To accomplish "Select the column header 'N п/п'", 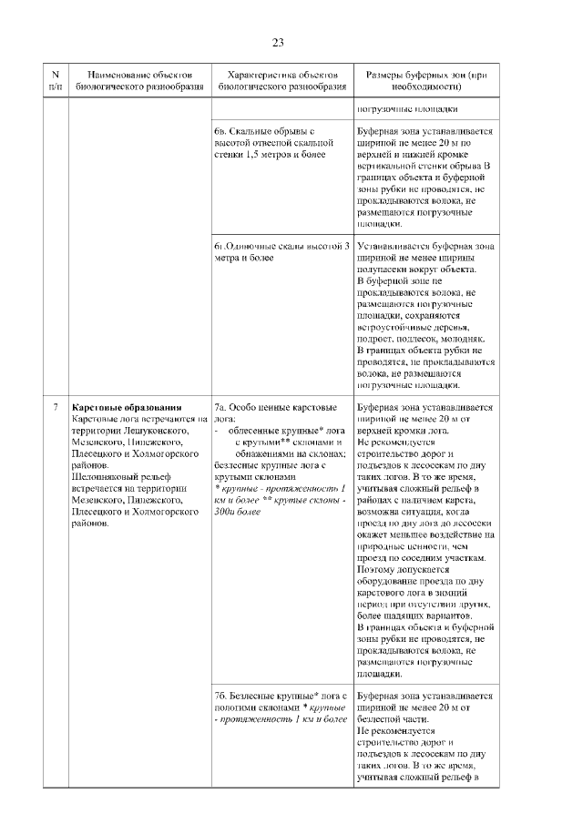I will tap(56, 79).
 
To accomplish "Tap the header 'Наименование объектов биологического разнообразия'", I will tap(133, 79).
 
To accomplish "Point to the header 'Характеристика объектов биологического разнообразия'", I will tap(281, 79).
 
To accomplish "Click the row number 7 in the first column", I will tap(56, 407).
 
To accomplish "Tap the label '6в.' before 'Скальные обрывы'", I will tap(221, 131).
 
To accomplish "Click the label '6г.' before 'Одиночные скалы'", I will tap(220, 247).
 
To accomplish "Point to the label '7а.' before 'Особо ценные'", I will tap(221, 407).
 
